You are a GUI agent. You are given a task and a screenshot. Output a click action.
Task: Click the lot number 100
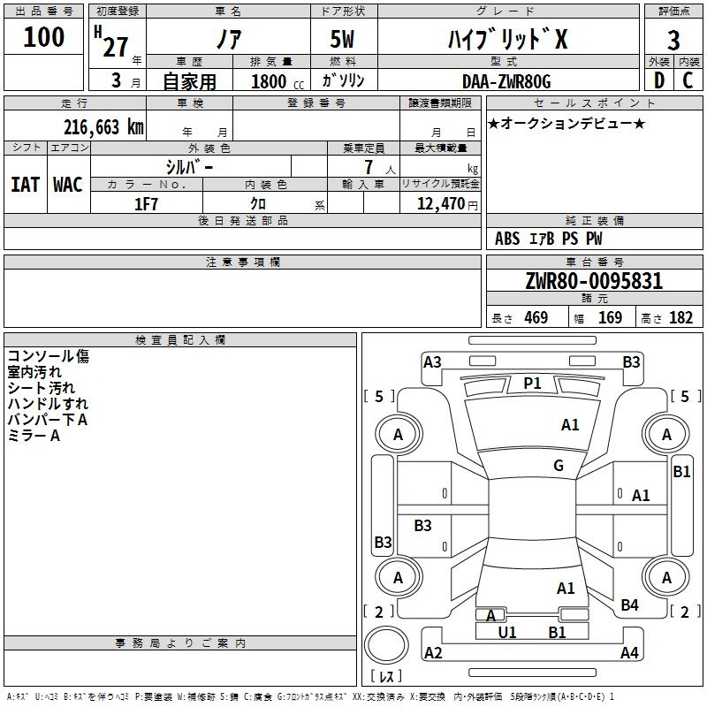[43, 37]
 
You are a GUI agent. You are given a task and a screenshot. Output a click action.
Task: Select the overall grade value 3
[673, 41]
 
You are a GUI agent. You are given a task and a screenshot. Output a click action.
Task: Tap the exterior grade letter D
[659, 80]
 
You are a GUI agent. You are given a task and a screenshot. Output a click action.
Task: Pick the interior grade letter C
[688, 80]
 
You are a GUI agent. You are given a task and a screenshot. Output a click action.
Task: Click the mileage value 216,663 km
[103, 127]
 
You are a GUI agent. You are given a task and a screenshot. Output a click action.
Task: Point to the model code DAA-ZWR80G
[506, 81]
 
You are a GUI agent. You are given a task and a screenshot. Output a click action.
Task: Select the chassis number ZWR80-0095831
[594, 281]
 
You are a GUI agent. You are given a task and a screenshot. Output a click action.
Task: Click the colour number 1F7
[146, 204]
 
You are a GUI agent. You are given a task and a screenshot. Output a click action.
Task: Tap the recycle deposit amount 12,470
[440, 204]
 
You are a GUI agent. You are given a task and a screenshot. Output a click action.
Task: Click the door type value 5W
[342, 39]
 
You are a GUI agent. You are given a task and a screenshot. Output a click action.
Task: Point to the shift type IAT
[26, 185]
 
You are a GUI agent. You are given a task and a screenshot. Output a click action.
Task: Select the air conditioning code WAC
[68, 185]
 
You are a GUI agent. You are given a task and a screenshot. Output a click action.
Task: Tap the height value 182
[680, 317]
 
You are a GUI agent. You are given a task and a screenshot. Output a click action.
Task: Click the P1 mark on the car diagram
[532, 384]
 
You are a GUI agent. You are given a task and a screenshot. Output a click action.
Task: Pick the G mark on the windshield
[559, 466]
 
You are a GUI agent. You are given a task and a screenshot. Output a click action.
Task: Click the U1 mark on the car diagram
[506, 633]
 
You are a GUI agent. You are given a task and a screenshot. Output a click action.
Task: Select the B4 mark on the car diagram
[629, 605]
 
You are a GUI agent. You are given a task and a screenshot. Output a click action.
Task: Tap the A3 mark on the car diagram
[432, 362]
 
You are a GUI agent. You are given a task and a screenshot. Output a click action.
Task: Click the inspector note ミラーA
[34, 436]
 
